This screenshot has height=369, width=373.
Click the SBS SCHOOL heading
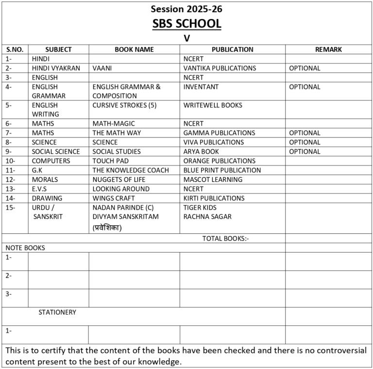[186, 23]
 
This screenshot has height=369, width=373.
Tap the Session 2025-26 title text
[186, 9]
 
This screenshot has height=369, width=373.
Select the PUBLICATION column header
[232, 49]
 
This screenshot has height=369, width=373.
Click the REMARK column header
[328, 49]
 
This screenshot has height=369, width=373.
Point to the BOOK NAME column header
[134, 49]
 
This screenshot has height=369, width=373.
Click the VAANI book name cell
[102, 68]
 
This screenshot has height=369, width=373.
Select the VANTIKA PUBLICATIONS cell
[220, 68]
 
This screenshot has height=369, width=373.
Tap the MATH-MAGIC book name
[114, 124]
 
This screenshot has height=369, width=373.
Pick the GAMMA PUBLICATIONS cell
[219, 133]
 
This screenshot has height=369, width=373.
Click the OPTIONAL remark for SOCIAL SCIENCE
[305, 151]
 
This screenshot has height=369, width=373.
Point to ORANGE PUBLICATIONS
[219, 161]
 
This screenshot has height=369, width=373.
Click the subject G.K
[38, 170]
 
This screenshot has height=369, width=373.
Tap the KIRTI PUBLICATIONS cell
[214, 198]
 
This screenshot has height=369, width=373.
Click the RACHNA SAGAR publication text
[207, 217]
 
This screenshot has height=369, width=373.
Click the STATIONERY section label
[57, 312]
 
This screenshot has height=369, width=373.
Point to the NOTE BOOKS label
[25, 248]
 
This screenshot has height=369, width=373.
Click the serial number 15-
[11, 208]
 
